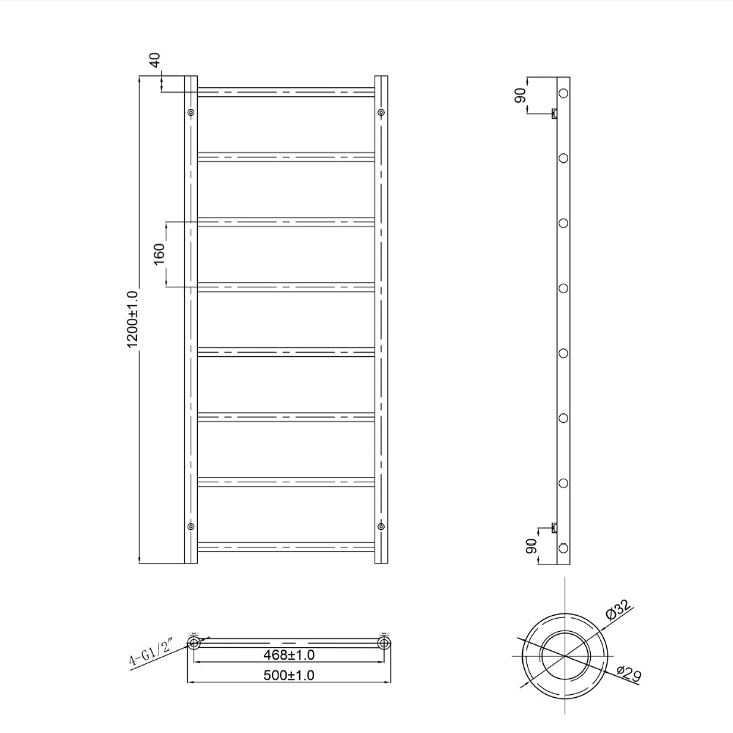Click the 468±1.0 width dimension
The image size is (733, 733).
click(290, 655)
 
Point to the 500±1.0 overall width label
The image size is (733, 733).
click(290, 675)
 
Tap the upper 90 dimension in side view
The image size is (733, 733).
click(520, 96)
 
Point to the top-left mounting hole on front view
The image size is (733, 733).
click(191, 112)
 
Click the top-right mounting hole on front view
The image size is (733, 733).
click(381, 112)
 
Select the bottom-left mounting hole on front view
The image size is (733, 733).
click(191, 526)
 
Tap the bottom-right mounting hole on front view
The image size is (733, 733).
click(381, 526)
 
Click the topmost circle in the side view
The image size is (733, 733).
click(564, 93)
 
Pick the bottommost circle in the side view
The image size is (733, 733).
click(564, 548)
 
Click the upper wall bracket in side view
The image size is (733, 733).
click(554, 112)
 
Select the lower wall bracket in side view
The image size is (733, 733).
click(554, 526)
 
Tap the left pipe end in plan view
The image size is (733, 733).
click(194, 643)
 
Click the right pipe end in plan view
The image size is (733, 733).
click(383, 643)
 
